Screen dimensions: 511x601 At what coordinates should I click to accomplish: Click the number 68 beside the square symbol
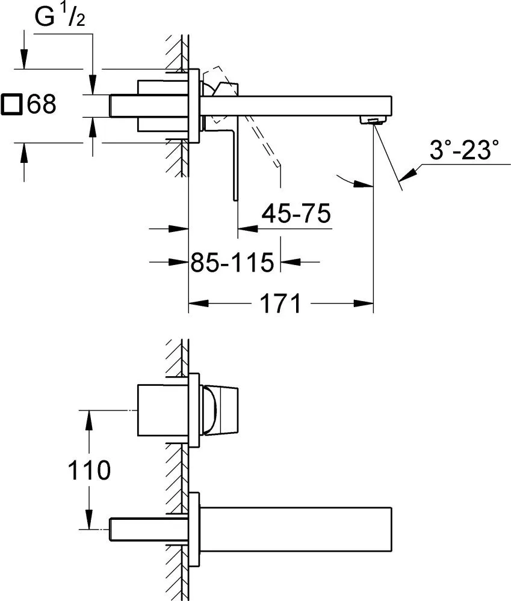[42, 104]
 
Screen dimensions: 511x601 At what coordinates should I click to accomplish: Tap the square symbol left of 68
[11, 104]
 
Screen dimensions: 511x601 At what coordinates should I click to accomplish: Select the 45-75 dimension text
[296, 213]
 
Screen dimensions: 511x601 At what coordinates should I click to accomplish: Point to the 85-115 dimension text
[233, 262]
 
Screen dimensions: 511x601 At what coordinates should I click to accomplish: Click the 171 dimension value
[280, 304]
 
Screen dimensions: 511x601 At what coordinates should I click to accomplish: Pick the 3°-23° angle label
[464, 150]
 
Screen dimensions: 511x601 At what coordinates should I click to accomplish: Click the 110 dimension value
[89, 470]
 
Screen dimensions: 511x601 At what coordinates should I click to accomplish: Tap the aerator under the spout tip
[373, 121]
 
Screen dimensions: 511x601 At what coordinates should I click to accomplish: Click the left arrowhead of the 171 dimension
[199, 304]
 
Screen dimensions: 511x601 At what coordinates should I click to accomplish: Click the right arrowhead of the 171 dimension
[364, 304]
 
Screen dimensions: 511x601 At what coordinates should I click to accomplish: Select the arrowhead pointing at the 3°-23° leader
[408, 175]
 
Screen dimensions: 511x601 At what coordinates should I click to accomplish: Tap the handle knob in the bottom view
[219, 411]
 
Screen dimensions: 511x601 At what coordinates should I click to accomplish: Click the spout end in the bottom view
[391, 529]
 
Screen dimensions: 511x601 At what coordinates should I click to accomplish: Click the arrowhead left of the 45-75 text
[247, 229]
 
